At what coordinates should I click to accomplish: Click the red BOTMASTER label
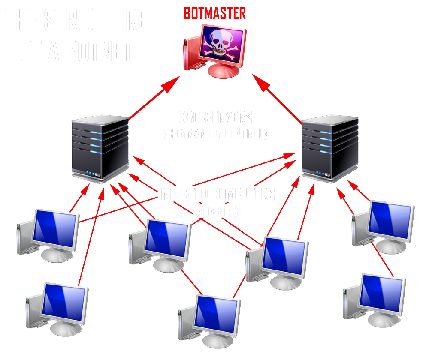[x=214, y=13]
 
